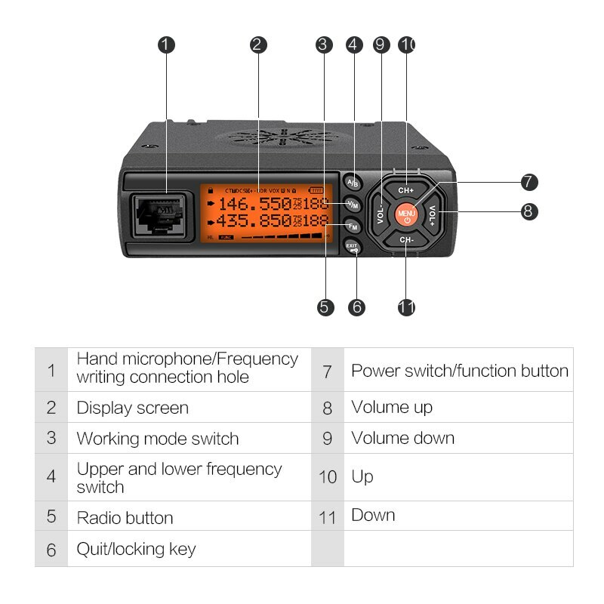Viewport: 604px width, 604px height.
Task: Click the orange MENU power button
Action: (407, 214)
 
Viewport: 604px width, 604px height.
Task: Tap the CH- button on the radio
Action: (407, 240)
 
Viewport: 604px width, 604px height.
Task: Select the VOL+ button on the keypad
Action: (433, 215)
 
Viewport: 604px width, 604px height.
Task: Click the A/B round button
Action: (353, 183)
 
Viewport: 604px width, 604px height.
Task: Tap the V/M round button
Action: (353, 205)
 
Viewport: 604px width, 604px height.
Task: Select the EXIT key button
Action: (353, 247)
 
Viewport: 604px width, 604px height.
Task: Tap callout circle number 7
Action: (529, 182)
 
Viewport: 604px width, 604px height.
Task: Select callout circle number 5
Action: (325, 307)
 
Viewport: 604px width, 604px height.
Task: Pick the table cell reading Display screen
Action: (133, 408)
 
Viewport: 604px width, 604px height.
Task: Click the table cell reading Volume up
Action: (392, 408)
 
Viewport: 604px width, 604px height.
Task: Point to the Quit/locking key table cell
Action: (137, 549)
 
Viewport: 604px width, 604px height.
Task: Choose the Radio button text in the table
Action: (125, 518)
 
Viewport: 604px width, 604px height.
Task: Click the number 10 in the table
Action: (327, 477)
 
